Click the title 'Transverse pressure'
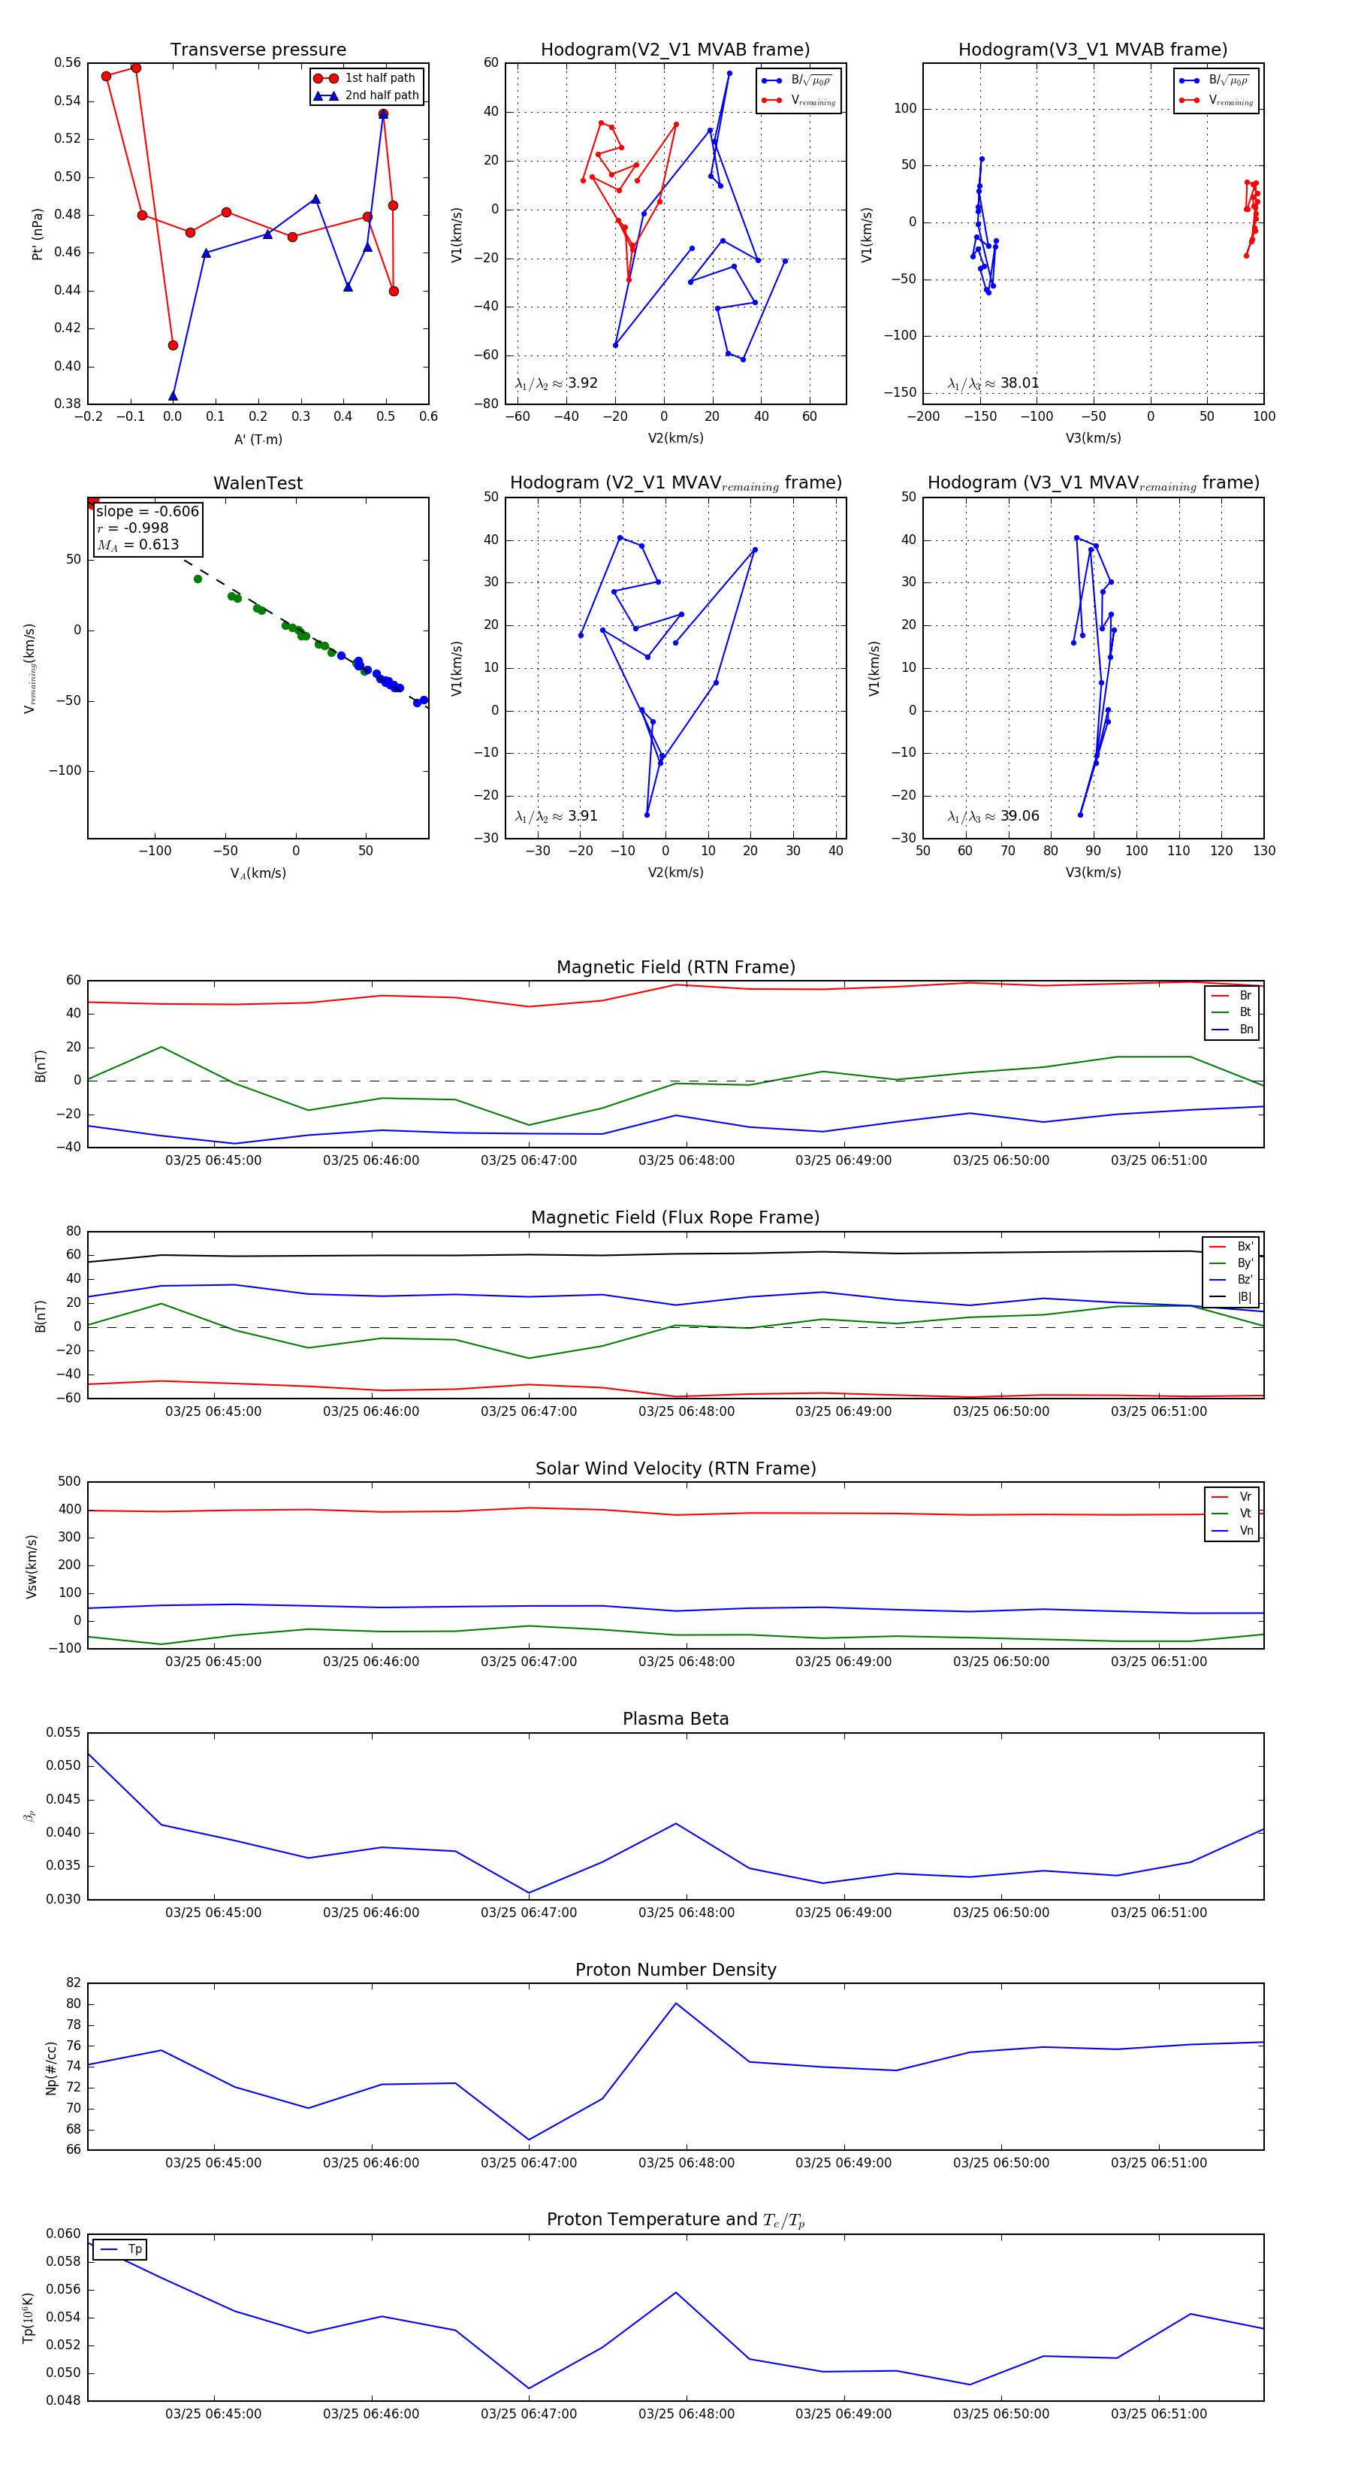pyautogui.click(x=258, y=50)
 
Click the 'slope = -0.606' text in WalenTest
pyautogui.click(x=147, y=511)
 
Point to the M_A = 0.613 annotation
pyautogui.click(x=137, y=545)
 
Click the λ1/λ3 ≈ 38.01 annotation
pyautogui.click(x=993, y=383)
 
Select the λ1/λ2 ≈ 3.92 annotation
pyautogui.click(x=556, y=383)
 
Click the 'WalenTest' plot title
pyautogui.click(x=258, y=483)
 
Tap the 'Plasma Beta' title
pyautogui.click(x=675, y=1719)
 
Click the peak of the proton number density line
pyautogui.click(x=675, y=2004)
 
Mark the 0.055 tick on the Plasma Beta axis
pyautogui.click(x=64, y=1732)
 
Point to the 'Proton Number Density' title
pyautogui.click(x=675, y=1970)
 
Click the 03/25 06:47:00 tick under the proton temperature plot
pyautogui.click(x=528, y=2414)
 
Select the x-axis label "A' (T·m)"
pyautogui.click(x=258, y=440)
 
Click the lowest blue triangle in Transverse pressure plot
pyautogui.click(x=174, y=396)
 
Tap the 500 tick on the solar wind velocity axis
pyautogui.click(x=69, y=1482)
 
